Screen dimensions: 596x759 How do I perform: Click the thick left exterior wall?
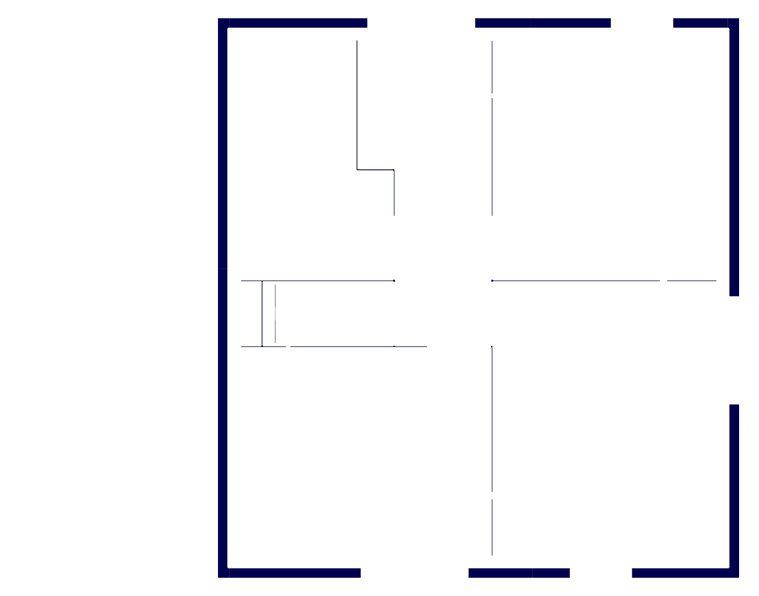point(223,299)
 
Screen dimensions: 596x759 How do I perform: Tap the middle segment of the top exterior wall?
point(543,23)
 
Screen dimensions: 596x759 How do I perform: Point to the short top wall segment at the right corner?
point(703,23)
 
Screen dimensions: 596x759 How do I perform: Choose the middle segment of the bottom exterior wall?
point(519,573)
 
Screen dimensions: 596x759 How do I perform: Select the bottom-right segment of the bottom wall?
point(683,573)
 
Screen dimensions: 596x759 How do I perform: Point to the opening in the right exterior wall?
point(734,350)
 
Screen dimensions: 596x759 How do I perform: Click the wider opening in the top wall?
point(421,23)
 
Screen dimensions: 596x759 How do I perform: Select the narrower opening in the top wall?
point(642,23)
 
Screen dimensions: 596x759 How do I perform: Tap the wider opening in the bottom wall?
point(414,573)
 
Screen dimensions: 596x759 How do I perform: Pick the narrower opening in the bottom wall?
point(601,573)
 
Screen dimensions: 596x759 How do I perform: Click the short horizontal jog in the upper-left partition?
point(376,170)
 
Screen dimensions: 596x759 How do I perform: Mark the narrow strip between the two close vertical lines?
point(269,314)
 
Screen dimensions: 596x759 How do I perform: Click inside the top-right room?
point(609,155)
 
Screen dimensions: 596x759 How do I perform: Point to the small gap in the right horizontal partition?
point(663,281)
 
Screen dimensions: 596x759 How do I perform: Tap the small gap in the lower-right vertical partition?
point(492,495)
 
